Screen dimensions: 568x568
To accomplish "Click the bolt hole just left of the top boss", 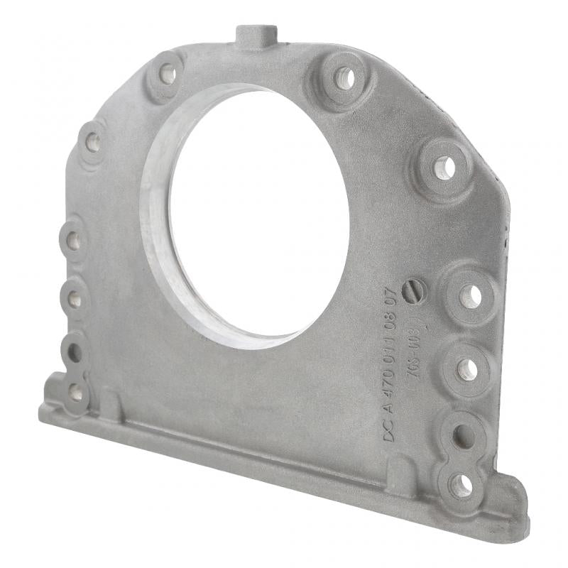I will (x=168, y=72).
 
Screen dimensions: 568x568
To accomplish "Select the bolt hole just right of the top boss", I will (x=344, y=77).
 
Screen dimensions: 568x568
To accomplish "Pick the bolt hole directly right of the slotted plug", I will (x=469, y=295).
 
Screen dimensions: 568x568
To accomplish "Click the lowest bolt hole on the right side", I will (x=461, y=485).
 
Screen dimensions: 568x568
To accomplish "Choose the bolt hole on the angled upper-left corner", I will (x=93, y=143).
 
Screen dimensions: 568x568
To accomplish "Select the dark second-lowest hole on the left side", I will (x=74, y=352).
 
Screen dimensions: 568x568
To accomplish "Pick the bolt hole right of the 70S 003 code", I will (x=467, y=368).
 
